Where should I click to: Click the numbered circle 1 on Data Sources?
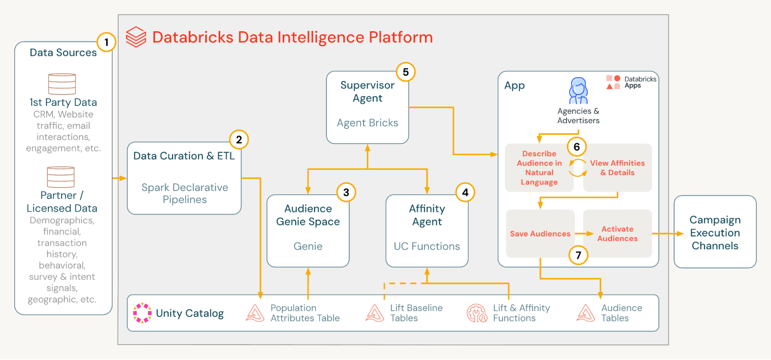106,42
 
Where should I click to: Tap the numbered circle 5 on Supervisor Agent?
406,72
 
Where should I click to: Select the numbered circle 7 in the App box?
578,255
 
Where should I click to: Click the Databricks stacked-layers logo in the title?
136,37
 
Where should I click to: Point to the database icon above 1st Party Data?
62,84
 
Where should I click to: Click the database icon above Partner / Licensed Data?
61,177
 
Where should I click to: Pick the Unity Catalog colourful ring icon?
142,313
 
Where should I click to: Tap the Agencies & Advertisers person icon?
578,91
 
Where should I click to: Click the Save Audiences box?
540,233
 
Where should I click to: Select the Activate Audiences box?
617,233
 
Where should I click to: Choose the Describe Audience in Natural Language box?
539,168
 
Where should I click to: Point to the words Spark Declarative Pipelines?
185,193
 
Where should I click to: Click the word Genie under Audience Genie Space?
308,246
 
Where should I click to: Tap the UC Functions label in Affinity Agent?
427,246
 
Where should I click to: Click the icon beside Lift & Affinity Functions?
477,313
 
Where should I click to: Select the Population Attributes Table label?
305,313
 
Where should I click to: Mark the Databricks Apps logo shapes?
613,82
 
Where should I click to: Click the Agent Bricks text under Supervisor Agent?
367,123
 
